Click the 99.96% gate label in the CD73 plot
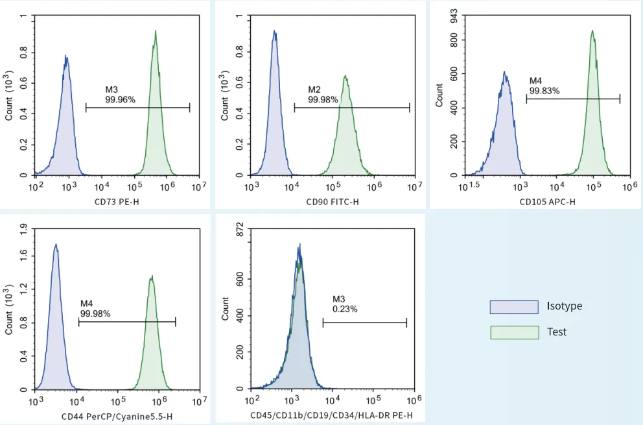coord(120,100)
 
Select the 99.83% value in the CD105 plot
coord(544,91)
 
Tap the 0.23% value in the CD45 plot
coord(345,310)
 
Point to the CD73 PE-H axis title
coord(117,202)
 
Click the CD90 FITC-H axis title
coord(333,202)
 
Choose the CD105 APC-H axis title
coord(547,202)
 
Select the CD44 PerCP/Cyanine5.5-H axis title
coord(117,416)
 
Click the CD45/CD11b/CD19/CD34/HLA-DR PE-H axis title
coord(331,415)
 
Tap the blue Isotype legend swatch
coord(514,306)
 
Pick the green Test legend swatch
coord(514,332)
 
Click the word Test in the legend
coord(557,332)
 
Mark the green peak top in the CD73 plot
coord(156,30)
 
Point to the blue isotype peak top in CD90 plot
coord(274,30)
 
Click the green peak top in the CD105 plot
coord(592,30)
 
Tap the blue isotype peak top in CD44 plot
coord(56,245)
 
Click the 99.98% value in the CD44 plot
coord(95,314)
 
